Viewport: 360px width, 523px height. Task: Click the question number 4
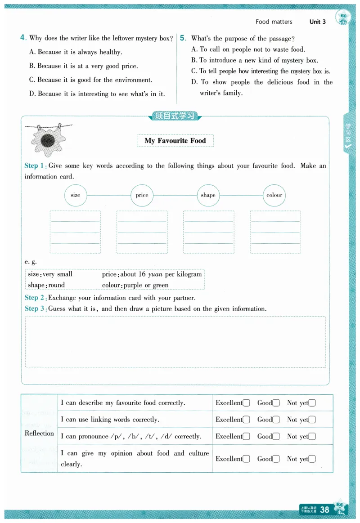click(22, 38)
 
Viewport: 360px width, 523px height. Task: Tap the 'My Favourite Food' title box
click(175, 141)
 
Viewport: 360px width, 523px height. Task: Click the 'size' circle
click(76, 195)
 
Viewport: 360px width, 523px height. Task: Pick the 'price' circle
click(142, 195)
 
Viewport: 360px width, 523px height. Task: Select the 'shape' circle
click(208, 195)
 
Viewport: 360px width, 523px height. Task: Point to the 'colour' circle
click(274, 195)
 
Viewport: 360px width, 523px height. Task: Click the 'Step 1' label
click(34, 165)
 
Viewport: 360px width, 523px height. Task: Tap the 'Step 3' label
click(34, 308)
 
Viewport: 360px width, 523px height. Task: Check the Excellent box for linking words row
click(246, 420)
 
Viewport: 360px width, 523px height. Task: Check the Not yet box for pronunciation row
click(312, 437)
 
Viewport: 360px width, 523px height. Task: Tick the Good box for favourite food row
click(276, 403)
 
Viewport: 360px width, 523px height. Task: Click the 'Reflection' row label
click(39, 434)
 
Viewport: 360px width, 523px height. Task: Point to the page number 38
click(324, 509)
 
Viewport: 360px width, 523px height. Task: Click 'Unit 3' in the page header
click(318, 22)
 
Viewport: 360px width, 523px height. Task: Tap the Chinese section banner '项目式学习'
click(175, 116)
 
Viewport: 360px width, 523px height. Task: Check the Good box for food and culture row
click(276, 459)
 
